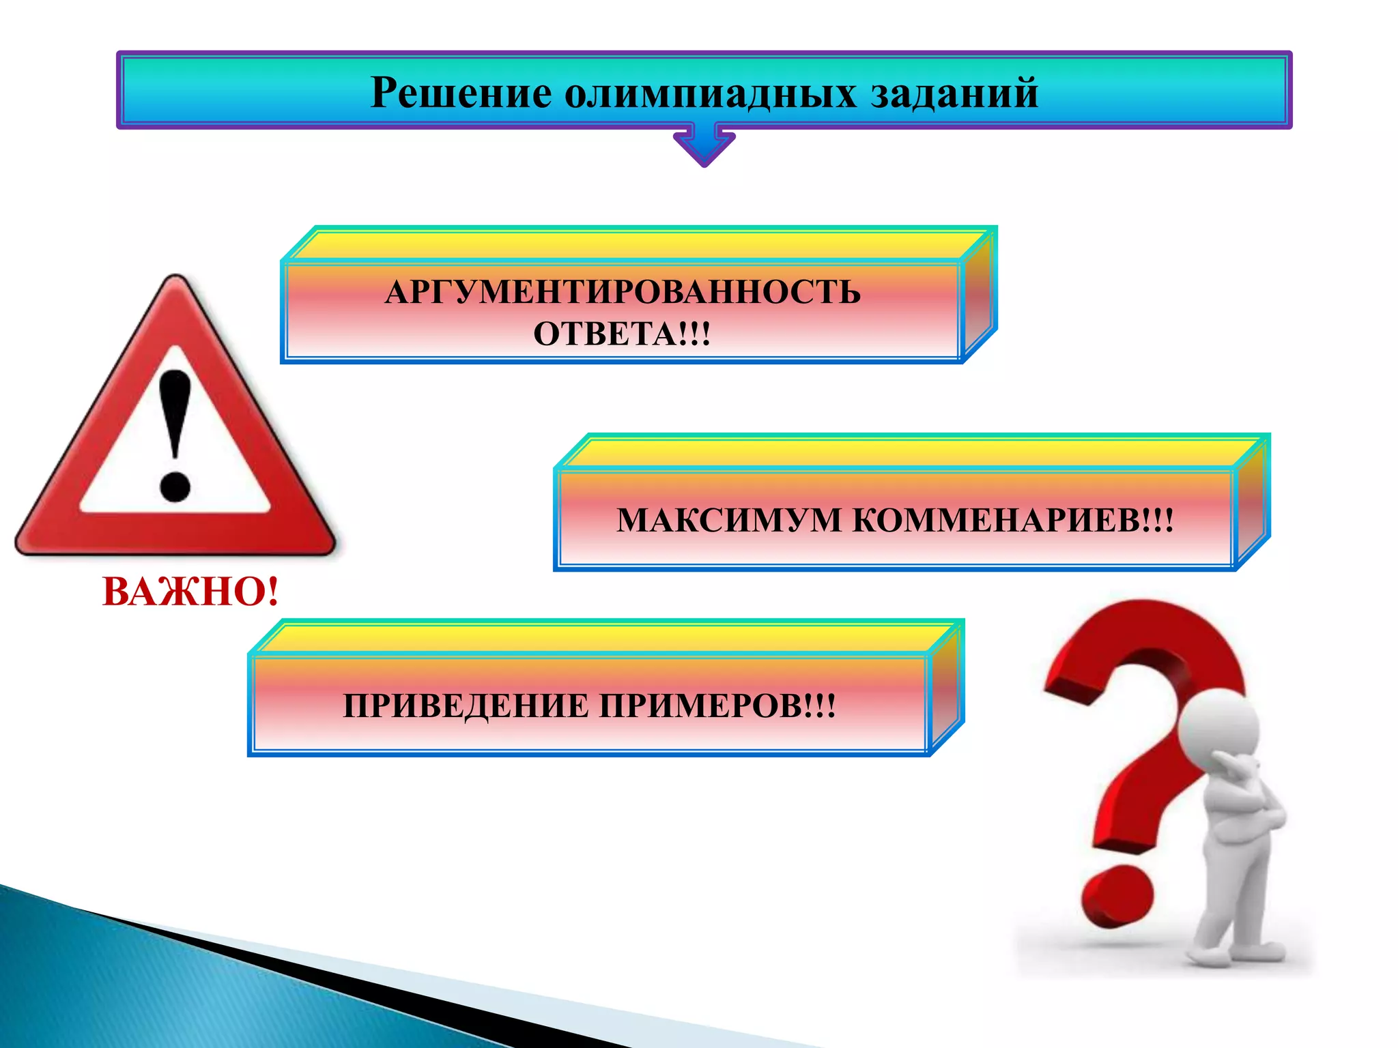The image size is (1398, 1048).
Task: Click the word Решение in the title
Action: point(461,93)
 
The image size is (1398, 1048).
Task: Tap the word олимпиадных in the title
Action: point(710,93)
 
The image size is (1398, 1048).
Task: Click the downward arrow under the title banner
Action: point(704,145)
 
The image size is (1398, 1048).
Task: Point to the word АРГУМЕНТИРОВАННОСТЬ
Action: point(623,292)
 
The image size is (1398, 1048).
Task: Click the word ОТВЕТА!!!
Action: point(622,334)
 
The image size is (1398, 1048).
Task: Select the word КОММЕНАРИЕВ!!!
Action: point(1014,520)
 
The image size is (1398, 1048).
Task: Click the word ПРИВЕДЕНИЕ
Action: point(465,705)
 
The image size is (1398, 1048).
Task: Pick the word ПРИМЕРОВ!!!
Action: point(717,705)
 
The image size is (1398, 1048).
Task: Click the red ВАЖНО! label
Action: point(190,592)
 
